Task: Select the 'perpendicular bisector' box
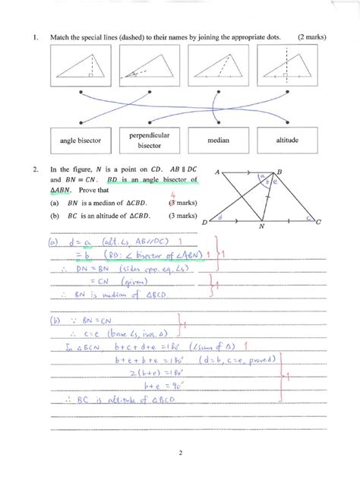coord(149,141)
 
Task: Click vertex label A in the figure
coord(217,172)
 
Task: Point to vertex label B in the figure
coord(280,171)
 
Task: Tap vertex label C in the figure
coord(318,222)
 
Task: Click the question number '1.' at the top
coord(35,36)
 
